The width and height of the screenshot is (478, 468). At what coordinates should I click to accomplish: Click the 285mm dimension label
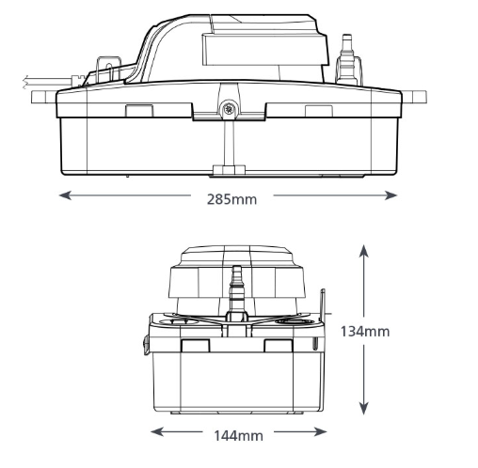(231, 199)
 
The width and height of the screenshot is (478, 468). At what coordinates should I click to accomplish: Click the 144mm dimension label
(238, 436)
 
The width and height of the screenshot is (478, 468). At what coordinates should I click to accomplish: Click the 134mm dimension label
(365, 332)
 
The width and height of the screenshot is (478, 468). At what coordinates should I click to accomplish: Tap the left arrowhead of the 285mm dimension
(65, 195)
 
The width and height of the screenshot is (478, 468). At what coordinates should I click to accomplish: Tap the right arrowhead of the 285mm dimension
(390, 195)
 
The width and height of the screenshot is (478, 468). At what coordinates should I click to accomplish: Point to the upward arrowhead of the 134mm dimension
(363, 251)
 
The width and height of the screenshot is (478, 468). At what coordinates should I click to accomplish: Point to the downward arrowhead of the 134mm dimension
(363, 409)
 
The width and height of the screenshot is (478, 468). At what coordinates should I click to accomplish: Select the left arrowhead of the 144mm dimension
(157, 431)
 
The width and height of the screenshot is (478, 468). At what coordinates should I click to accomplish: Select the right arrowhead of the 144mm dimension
(321, 431)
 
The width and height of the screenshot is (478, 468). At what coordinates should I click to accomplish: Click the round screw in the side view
(229, 109)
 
